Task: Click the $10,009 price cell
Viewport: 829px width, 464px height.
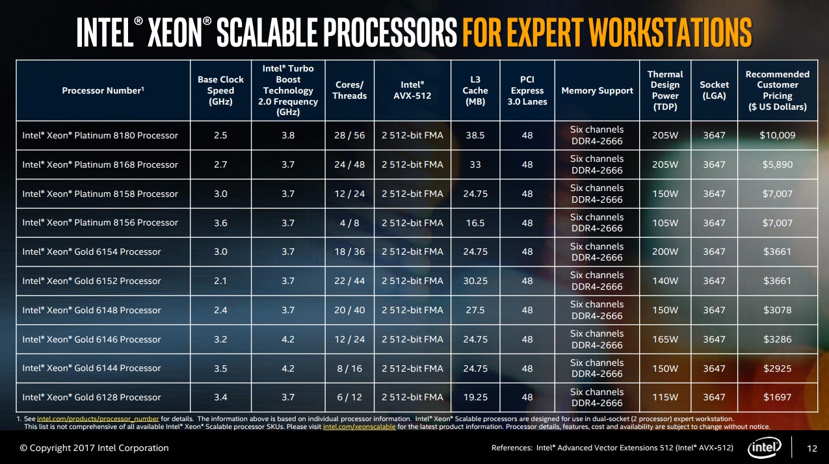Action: pyautogui.click(x=777, y=135)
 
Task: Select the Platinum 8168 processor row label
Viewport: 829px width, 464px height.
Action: pyautogui.click(x=100, y=164)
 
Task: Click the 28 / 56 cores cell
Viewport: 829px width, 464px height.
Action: pyautogui.click(x=350, y=135)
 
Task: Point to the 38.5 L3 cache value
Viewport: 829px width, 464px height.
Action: pyautogui.click(x=475, y=135)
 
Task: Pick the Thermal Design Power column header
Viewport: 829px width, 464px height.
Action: pyautogui.click(x=665, y=90)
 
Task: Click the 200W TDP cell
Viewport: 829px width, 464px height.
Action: pyautogui.click(x=665, y=251)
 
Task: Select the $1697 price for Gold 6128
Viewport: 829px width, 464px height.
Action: pyautogui.click(x=777, y=397)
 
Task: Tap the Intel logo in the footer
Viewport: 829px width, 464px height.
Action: pyautogui.click(x=768, y=447)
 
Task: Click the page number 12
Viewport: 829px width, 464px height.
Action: pyautogui.click(x=811, y=448)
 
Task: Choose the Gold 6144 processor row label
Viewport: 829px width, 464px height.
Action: pyautogui.click(x=92, y=368)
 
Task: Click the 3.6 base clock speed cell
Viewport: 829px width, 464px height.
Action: pyautogui.click(x=221, y=222)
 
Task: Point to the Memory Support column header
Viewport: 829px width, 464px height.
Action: pyautogui.click(x=597, y=90)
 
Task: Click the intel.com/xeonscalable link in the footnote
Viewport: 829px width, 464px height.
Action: pyautogui.click(x=359, y=427)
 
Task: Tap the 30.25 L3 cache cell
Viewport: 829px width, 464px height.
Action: pyautogui.click(x=475, y=281)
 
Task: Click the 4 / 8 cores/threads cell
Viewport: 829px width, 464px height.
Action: pyautogui.click(x=350, y=222)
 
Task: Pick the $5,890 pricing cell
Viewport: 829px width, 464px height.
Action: pyautogui.click(x=777, y=164)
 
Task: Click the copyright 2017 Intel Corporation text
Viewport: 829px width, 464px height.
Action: pyautogui.click(x=94, y=448)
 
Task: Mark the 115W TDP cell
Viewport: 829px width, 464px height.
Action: pyautogui.click(x=665, y=397)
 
